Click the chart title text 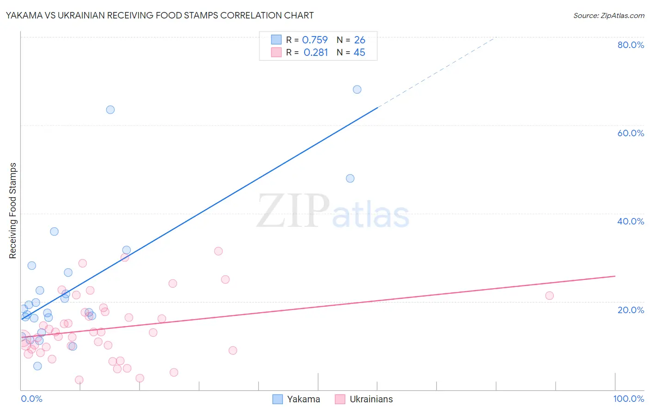click(159, 15)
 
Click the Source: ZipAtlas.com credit click(608, 15)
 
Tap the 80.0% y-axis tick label click(631, 45)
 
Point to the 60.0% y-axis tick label click(631, 133)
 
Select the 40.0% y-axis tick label click(631, 221)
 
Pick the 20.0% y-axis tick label click(631, 310)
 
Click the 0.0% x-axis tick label click(31, 399)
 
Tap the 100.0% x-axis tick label click(628, 399)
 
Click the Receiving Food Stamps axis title click(13, 211)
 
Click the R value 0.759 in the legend click(315, 40)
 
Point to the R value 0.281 click(316, 53)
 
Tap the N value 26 click(360, 40)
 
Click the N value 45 click(359, 53)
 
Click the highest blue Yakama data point click(357, 90)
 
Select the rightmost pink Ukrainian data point click(549, 296)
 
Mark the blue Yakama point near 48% click(350, 178)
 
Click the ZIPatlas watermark click(333, 212)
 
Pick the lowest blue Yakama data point click(37, 366)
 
